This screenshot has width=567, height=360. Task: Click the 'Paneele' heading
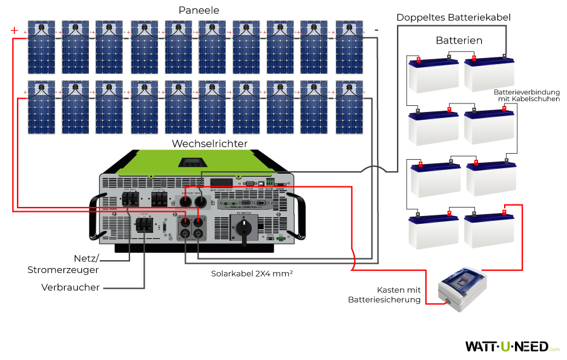(199, 11)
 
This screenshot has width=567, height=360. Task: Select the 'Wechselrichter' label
(209, 143)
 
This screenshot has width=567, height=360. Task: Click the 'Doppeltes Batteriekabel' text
(454, 18)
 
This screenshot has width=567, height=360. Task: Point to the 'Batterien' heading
(459, 41)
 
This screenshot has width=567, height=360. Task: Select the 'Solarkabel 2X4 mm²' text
(252, 273)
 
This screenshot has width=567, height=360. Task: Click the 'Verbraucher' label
(71, 287)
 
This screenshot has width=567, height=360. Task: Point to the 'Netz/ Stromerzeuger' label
(63, 264)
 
